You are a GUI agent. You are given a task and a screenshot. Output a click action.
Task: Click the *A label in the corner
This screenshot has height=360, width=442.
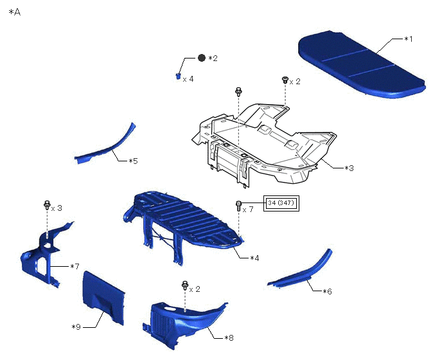[15, 12]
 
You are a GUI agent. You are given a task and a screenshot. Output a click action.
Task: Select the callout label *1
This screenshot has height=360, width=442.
[409, 40]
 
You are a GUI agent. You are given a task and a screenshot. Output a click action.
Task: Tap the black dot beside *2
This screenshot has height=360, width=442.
[201, 58]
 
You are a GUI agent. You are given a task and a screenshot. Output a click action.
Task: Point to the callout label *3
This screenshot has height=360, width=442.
[349, 168]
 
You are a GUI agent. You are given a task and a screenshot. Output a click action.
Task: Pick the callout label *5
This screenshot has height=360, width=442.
[132, 161]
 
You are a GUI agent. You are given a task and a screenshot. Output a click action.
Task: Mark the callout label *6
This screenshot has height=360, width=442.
[327, 291]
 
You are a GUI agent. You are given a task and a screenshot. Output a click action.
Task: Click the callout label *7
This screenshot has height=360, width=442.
[75, 266]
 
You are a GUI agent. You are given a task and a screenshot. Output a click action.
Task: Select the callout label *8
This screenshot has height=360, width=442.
[229, 337]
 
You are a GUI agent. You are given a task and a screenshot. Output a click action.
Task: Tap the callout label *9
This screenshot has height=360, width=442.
[76, 327]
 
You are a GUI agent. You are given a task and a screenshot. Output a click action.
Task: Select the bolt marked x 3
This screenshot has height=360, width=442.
[47, 205]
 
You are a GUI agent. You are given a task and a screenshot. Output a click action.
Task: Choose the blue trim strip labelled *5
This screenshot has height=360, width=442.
[109, 145]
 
